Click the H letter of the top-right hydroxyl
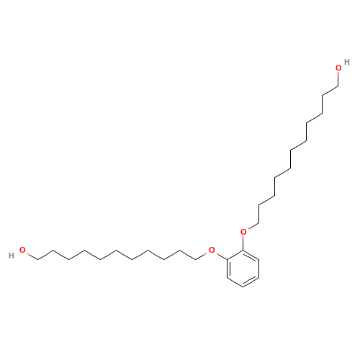(x=346, y=62)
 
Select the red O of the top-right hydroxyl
(x=338, y=68)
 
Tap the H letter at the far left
(x=12, y=256)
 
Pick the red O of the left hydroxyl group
(x=22, y=250)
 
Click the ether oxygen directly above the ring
(x=243, y=232)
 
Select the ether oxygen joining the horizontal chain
(x=212, y=250)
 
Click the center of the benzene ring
(x=243, y=269)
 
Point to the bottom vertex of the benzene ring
(x=243, y=287)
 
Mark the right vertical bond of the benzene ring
(x=259, y=269)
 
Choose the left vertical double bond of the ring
(x=228, y=269)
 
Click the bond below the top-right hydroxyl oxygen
(x=338, y=79)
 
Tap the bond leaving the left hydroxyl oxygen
(x=32, y=256)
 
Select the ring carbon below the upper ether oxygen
(x=243, y=250)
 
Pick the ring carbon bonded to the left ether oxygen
(x=228, y=259)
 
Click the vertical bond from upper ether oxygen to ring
(x=243, y=243)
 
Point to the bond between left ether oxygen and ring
(x=221, y=256)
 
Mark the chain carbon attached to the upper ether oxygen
(x=259, y=223)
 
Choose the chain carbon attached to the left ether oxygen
(x=196, y=259)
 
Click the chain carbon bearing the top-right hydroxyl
(x=338, y=86)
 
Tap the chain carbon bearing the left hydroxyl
(x=38, y=259)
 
